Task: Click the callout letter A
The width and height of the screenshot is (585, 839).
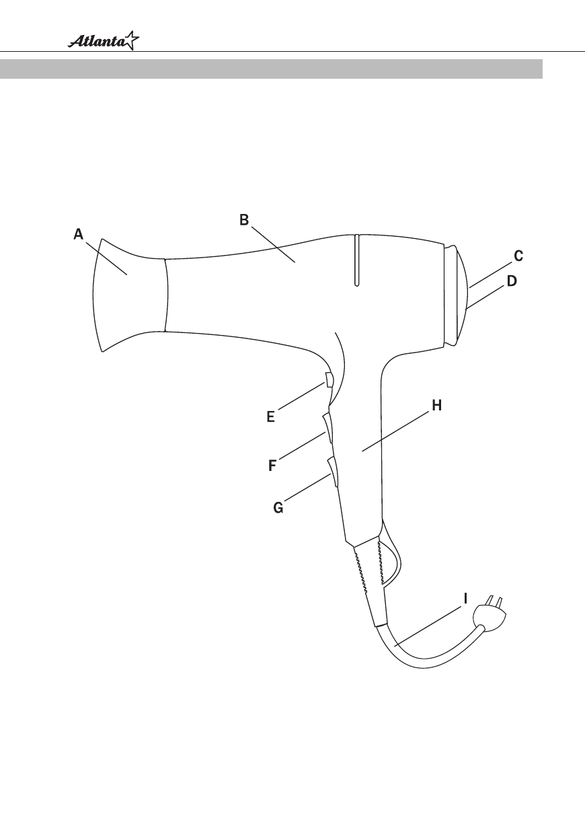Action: [x=78, y=234]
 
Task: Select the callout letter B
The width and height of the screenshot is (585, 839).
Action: [x=244, y=220]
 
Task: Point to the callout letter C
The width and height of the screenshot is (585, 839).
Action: [x=518, y=256]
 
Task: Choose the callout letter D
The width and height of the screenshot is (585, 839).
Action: [x=512, y=281]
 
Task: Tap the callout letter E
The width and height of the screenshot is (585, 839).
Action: [x=270, y=417]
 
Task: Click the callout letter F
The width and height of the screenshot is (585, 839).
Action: [x=272, y=466]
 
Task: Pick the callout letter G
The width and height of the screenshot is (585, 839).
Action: [x=278, y=508]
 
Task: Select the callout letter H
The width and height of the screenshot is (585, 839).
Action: [x=437, y=405]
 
